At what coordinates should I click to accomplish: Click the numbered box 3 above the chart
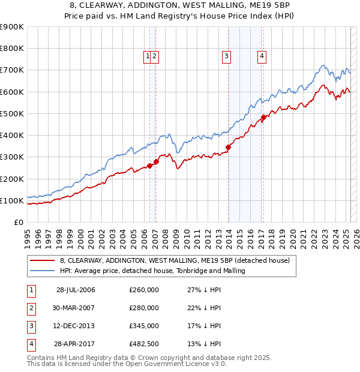(226, 56)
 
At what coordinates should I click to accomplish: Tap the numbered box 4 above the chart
(262, 56)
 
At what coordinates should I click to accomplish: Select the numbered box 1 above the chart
(147, 56)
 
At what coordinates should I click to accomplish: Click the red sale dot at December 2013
(228, 147)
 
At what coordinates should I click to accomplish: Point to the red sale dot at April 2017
(263, 118)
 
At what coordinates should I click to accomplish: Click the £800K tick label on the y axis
(12, 49)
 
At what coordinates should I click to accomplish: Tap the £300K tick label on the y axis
(12, 157)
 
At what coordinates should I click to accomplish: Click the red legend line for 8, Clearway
(43, 260)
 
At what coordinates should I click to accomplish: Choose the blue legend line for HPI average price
(43, 271)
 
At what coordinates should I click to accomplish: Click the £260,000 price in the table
(144, 290)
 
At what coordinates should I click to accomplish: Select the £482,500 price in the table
(144, 344)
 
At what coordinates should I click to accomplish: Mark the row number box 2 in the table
(31, 308)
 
